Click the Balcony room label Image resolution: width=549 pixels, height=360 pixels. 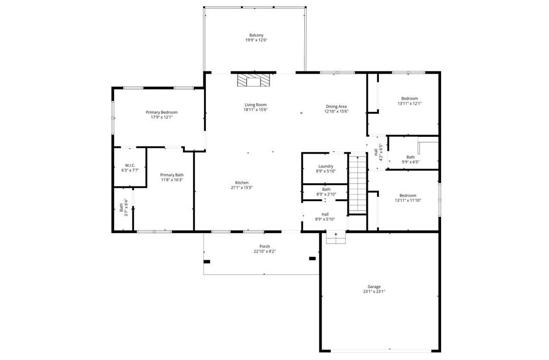pos(256,35)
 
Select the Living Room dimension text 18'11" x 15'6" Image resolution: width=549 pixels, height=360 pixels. pos(256,110)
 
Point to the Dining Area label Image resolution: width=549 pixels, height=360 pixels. pos(336,107)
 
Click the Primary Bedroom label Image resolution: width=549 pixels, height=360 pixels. pos(162,112)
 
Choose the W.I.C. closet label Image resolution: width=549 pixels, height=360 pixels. pos(130,165)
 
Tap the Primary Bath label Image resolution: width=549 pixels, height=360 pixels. pos(172,175)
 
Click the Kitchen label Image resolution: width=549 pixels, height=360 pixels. pos(241,183)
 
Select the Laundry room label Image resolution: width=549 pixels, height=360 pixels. pos(326,166)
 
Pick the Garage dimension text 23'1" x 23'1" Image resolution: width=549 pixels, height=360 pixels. pos(374,292)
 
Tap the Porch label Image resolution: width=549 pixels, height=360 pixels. pos(265,246)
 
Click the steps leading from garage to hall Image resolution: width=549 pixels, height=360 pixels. pos(336,238)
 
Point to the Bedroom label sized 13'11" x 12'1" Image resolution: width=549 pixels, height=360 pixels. pos(409,98)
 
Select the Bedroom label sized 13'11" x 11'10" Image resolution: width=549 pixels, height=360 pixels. pos(408,195)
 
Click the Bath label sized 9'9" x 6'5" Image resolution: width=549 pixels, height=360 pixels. pos(410,157)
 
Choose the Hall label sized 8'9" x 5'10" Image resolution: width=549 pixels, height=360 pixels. pos(325,214)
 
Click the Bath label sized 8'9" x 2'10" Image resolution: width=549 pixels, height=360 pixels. pos(326,189)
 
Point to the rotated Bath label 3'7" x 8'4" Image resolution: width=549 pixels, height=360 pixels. pos(121,207)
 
